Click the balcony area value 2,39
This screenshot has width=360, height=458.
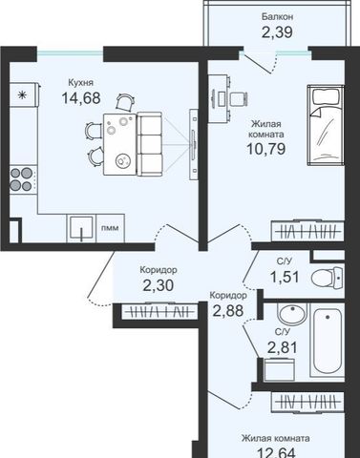(277, 32)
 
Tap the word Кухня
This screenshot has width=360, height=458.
(81, 83)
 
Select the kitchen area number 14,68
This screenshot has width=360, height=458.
(81, 98)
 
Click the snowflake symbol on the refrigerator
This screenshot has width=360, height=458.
(22, 94)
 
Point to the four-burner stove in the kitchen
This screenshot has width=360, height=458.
(21, 179)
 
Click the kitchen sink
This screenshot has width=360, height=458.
(81, 228)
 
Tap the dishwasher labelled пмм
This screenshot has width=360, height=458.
(110, 228)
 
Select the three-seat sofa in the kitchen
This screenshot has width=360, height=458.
(149, 144)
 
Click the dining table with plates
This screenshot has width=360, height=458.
(120, 144)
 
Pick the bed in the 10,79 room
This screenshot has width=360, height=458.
(326, 125)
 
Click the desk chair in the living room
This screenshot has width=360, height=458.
(239, 98)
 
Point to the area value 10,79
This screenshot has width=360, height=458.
(266, 148)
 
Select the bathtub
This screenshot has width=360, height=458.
(328, 341)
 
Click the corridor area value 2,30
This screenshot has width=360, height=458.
(159, 285)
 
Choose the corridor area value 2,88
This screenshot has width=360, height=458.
(228, 310)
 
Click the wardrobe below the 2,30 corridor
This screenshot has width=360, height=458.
(159, 311)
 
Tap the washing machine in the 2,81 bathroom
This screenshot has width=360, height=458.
(280, 369)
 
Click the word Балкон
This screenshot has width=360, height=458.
(277, 16)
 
